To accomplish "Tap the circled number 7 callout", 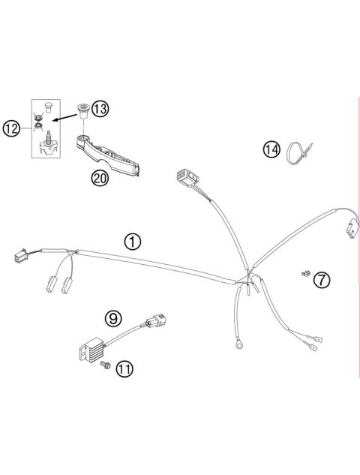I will [x=321, y=280].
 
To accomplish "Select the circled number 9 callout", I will [x=113, y=318].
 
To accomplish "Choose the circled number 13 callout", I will [x=100, y=110].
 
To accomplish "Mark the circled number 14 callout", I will [x=271, y=149].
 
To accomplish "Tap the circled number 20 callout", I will [x=97, y=178].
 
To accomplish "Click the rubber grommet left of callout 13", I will [x=82, y=110].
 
